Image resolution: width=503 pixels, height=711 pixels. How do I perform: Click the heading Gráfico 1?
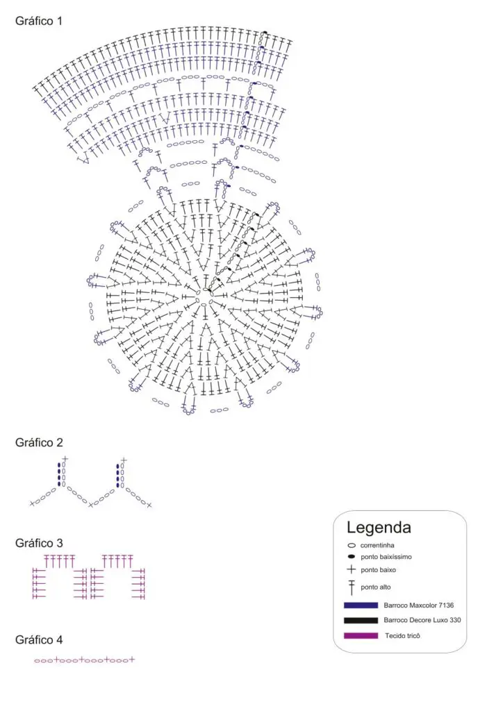tap(38, 21)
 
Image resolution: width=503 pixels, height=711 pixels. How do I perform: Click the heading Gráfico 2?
tap(39, 442)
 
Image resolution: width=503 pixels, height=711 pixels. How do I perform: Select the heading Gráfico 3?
tap(39, 543)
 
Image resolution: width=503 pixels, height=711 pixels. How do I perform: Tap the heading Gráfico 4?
tap(39, 639)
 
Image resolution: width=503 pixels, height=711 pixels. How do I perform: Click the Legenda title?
tap(379, 528)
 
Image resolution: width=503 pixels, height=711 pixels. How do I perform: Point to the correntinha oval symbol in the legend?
tap(352, 546)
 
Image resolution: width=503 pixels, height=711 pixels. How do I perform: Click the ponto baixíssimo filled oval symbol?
tap(352, 557)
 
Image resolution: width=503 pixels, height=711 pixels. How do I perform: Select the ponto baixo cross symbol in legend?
tap(352, 569)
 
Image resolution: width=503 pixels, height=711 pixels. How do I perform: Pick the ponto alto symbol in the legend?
tap(352, 587)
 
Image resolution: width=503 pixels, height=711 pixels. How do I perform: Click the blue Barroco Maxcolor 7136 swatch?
tap(361, 605)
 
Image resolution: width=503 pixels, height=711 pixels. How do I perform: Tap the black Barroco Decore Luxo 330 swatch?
tap(361, 620)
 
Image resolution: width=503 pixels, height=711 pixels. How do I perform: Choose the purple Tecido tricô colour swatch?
tap(361, 636)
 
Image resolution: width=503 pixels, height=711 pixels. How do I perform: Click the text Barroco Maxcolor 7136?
tap(419, 605)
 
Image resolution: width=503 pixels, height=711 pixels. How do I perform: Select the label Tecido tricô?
tap(403, 636)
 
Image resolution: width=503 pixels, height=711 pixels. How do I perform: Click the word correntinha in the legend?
tap(377, 546)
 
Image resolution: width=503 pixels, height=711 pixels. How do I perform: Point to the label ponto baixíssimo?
tap(386, 557)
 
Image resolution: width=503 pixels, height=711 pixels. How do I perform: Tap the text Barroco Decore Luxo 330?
tap(422, 620)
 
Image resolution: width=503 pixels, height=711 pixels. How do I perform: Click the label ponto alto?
tap(376, 587)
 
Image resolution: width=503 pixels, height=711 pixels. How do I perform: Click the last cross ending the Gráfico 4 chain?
tap(131, 660)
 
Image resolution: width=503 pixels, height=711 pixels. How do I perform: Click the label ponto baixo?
tap(378, 570)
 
